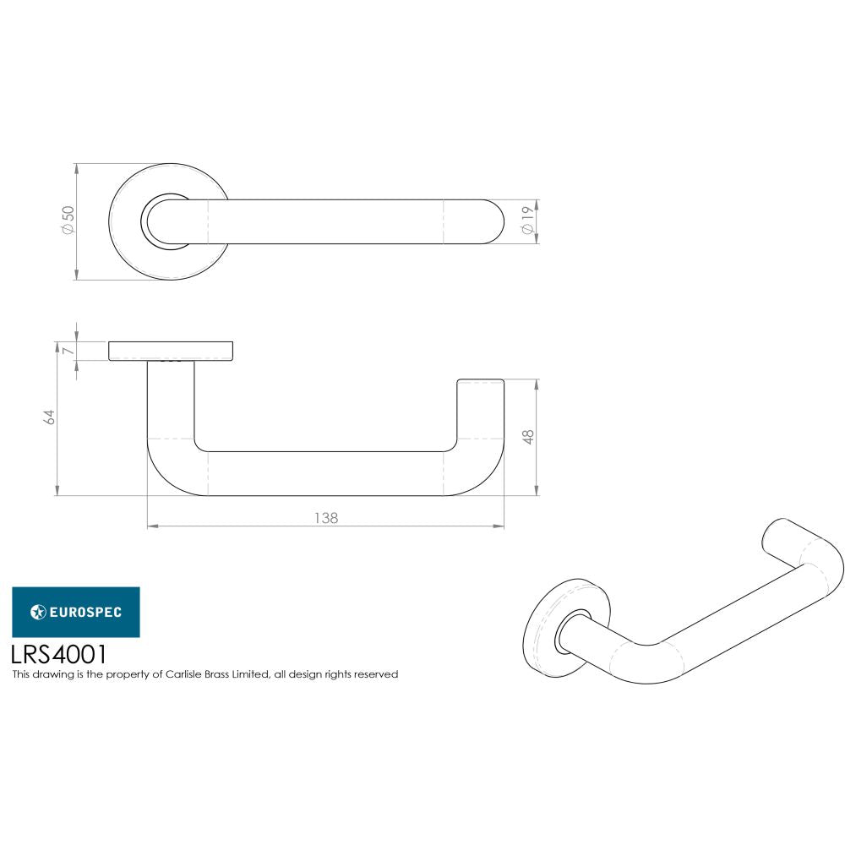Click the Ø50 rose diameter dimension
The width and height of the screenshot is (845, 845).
[x=68, y=221]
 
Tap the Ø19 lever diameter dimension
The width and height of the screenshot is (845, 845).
[x=526, y=222]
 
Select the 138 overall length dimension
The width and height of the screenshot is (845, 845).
[x=325, y=518]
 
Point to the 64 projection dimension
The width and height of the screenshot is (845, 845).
[x=50, y=416]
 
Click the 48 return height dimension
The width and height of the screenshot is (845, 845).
[x=528, y=437]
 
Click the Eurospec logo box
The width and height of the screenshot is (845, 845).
[x=76, y=612]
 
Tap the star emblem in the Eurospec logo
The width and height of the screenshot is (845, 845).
[x=37, y=612]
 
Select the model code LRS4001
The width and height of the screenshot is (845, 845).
[x=59, y=654]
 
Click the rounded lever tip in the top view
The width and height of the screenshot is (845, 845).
[x=490, y=222]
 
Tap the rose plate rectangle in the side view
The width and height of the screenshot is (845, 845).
[x=172, y=351]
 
